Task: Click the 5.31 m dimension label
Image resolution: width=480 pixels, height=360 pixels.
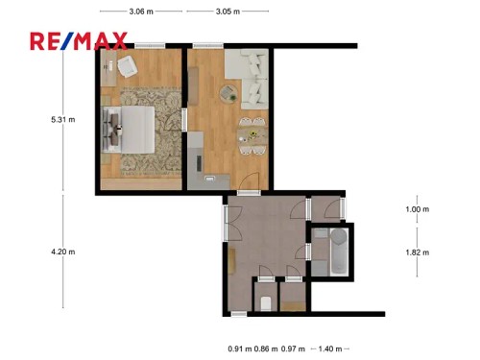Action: coord(63,120)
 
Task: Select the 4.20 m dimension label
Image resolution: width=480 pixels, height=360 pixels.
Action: coord(63,252)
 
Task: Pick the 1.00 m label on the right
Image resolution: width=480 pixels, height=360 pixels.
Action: coord(417,209)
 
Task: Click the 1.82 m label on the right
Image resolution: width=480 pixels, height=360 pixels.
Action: coord(417,252)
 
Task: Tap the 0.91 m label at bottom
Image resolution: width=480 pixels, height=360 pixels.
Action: coord(239,349)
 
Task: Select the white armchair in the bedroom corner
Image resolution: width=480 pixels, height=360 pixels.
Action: coord(128,68)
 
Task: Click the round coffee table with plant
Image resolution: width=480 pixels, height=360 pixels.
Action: coord(228,93)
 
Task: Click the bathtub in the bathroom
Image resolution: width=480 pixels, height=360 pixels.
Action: coord(337,252)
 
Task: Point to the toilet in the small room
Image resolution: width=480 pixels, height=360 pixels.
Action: coord(265,302)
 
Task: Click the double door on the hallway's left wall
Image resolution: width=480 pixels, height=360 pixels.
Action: coord(228,223)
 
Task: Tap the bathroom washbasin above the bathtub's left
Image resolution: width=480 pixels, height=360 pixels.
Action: coord(319,235)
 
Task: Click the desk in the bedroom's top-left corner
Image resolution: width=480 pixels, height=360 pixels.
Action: coord(108,65)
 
